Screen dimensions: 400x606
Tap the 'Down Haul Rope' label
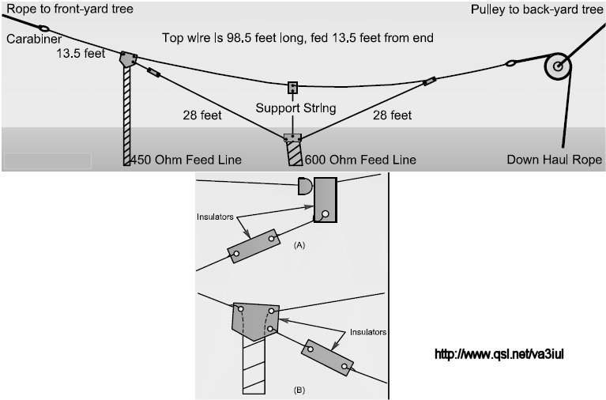554,160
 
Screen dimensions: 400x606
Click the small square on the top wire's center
293,86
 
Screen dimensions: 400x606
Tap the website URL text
499,353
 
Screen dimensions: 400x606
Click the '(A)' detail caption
299,246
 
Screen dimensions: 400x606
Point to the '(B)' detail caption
299,390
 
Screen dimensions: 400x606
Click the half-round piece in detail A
304,187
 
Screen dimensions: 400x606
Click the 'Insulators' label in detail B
365,333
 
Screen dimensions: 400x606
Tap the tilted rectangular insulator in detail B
327,357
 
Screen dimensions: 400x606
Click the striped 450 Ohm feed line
127,115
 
